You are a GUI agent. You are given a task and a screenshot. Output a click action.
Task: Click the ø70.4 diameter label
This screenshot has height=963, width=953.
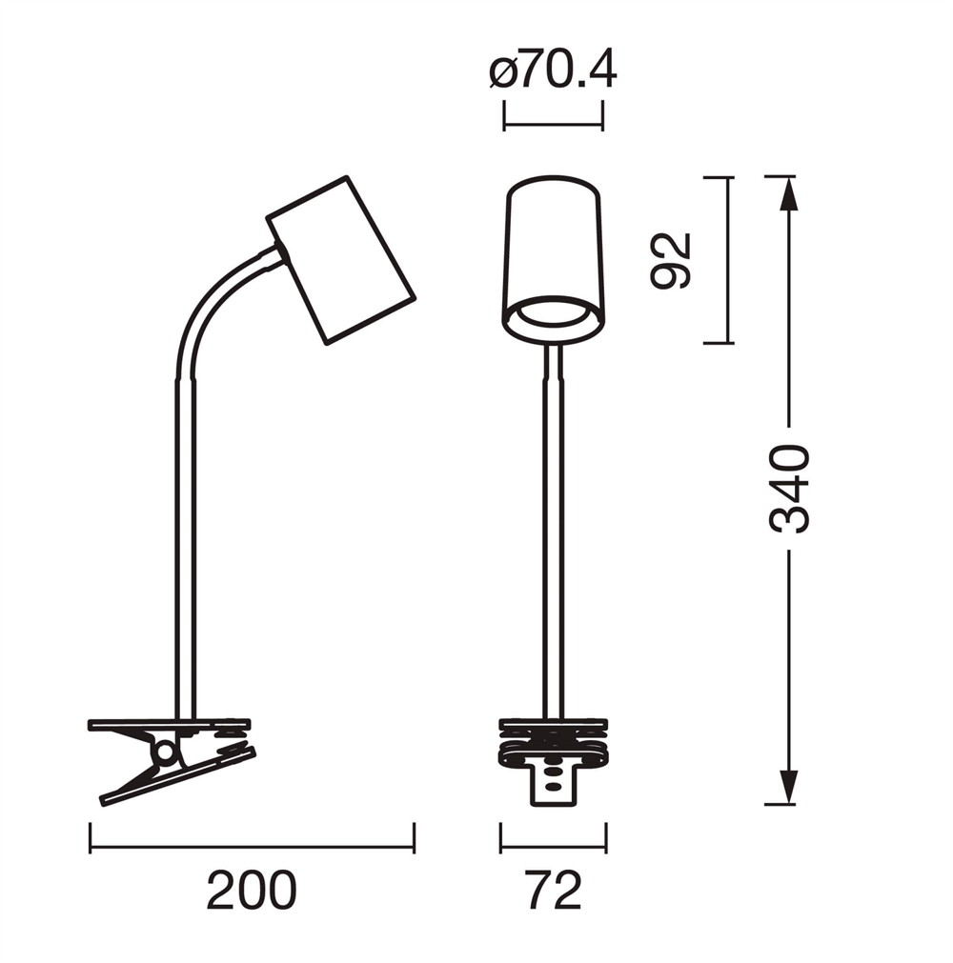[553, 71]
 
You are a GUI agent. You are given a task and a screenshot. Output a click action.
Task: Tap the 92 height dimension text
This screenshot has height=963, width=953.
[671, 260]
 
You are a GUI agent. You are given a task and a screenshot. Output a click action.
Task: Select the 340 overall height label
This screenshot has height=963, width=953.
[789, 489]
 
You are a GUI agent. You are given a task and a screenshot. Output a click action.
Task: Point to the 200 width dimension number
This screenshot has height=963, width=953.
[252, 890]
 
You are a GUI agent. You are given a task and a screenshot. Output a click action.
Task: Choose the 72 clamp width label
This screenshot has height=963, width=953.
[554, 890]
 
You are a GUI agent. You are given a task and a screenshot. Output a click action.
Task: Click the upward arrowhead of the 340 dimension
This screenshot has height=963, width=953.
[789, 192]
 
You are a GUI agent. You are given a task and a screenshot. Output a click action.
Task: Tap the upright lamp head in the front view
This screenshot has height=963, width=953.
[553, 259]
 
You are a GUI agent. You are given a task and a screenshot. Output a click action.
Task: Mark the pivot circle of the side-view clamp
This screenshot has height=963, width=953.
[165, 752]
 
